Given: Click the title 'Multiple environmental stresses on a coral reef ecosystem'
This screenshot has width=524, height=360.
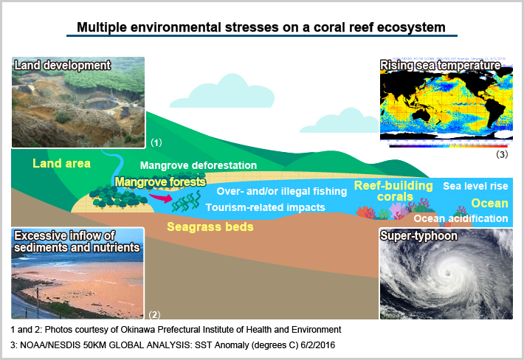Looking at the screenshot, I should tap(261, 28).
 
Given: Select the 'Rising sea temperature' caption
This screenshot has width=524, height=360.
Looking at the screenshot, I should tap(441, 66).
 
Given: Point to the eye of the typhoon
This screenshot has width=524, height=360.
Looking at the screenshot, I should tap(447, 277).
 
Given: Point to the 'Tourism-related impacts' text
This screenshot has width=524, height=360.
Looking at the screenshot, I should tap(265, 207).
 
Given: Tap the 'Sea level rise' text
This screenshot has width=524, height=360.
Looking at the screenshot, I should tap(475, 187).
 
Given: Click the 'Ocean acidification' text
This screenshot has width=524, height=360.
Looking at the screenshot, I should tap(460, 218).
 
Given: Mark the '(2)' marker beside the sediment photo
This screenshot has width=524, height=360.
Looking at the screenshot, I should tap(154, 314).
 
